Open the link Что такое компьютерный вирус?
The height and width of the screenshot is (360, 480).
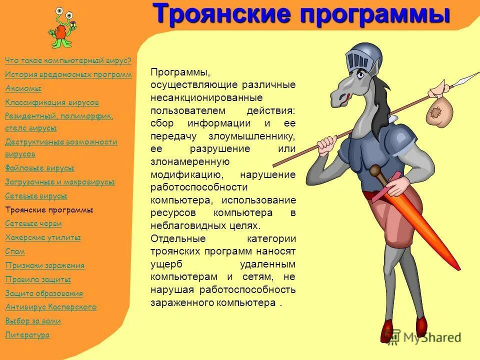coord(68,60)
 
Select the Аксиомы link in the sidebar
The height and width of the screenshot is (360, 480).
coord(23,88)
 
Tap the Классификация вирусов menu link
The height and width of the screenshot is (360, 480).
coord(52,102)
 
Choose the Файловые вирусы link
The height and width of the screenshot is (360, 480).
coord(39,168)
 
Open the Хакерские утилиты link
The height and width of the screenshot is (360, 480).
coord(42,237)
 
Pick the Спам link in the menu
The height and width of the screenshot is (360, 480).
coord(15,251)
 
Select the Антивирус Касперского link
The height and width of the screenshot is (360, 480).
coord(50,307)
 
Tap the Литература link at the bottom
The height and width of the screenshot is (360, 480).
coord(27,335)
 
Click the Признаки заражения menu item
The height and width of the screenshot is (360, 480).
coord(44,265)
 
